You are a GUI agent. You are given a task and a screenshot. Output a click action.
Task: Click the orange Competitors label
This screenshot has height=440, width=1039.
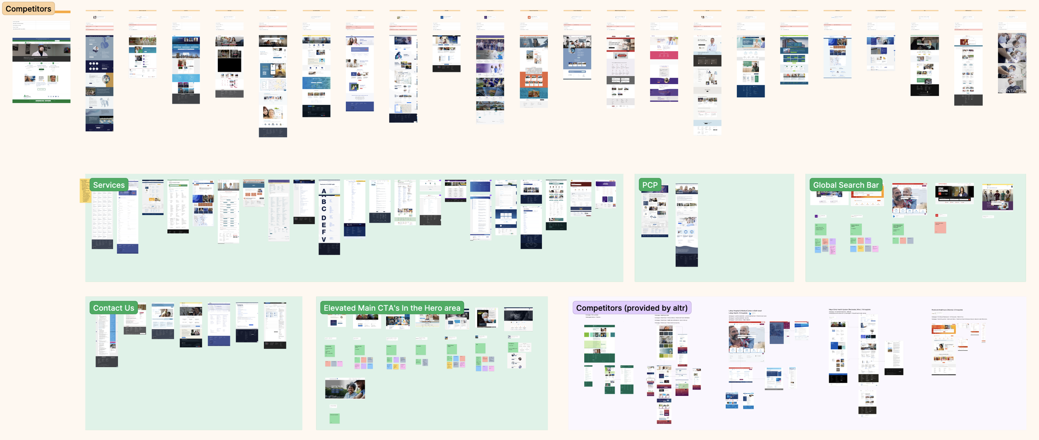28,9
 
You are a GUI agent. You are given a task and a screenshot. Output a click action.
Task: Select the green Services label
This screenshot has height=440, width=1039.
108,185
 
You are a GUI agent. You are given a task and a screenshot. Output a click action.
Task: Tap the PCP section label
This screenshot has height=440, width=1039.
650,185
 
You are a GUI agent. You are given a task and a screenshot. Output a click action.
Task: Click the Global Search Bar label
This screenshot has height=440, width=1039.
845,185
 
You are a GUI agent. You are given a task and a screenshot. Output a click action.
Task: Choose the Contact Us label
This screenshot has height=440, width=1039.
113,308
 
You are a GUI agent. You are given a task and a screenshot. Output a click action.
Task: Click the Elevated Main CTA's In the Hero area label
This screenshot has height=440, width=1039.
391,308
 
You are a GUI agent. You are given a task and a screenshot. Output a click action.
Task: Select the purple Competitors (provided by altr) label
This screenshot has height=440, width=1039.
631,308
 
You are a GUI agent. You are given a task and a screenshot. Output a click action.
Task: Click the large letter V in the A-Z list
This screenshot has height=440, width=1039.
324,240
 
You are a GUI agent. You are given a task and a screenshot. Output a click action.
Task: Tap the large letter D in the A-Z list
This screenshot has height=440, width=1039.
324,218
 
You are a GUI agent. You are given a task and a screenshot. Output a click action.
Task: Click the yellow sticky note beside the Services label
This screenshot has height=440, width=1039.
84,191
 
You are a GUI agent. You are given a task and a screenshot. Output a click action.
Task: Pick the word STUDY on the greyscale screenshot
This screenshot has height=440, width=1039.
1012,37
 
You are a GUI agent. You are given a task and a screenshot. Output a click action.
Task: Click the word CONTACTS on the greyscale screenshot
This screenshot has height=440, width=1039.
1012,91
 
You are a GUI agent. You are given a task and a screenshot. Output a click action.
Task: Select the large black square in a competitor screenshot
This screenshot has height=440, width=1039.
229,65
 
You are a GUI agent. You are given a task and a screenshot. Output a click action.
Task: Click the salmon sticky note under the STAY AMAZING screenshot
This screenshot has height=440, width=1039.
940,227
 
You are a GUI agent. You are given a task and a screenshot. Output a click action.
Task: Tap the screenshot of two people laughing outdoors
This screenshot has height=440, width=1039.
345,389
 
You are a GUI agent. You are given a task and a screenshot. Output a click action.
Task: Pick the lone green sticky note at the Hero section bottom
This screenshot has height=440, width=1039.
334,418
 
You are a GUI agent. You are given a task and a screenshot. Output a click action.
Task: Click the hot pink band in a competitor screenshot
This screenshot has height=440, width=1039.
664,55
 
